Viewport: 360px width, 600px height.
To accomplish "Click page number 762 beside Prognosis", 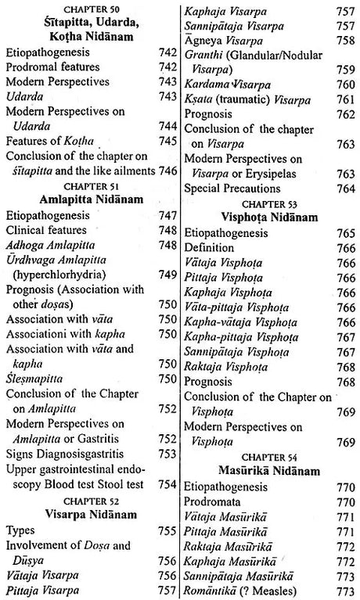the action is coord(344,114).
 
